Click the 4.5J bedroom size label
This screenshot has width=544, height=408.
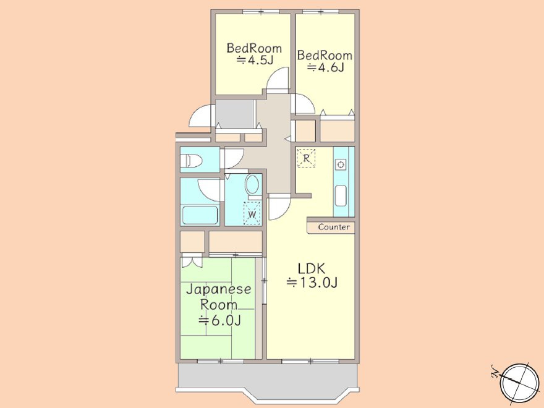point(255,61)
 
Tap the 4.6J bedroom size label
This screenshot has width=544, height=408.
point(325,67)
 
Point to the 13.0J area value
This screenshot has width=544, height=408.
point(312,283)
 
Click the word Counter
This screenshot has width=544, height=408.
point(334,227)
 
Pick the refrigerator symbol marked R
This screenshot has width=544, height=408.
point(306,158)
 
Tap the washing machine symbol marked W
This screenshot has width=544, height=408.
point(252,214)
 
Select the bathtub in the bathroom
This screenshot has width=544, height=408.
point(200,215)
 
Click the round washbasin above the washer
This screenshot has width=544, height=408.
point(252,184)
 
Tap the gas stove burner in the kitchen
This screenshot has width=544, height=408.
point(341,164)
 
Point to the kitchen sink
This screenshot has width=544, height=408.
point(341,196)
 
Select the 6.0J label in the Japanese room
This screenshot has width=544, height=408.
point(219,320)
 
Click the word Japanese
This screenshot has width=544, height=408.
point(219,290)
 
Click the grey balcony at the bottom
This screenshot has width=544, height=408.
point(267,378)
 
